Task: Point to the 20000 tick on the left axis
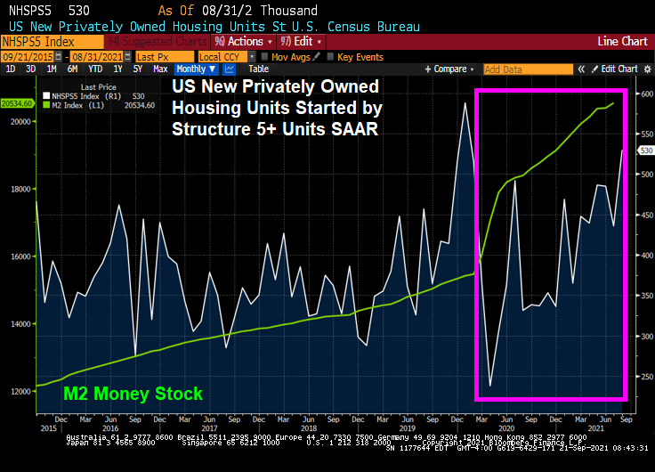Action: pos(20,121)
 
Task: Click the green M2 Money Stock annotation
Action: pos(133,394)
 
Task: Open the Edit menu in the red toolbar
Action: pos(303,42)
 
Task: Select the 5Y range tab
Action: pos(138,69)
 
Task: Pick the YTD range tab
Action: pos(96,69)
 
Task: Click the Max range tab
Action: pos(160,69)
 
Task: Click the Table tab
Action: pos(258,69)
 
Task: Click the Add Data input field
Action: pos(516,69)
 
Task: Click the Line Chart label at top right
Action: pos(621,42)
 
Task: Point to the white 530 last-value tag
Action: pos(644,151)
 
